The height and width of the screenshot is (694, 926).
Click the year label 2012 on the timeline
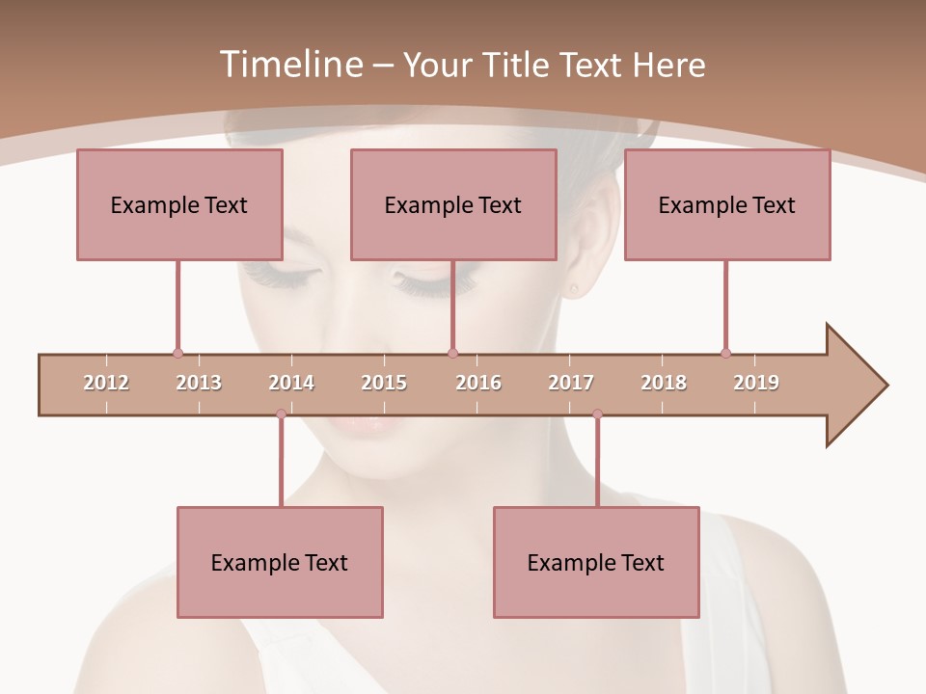106,383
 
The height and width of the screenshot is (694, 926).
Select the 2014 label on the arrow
291,383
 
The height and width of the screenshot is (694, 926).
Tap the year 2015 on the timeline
384,383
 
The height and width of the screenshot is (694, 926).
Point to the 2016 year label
478,383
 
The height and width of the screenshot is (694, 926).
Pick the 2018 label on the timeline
664,383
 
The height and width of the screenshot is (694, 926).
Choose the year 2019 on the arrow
756,383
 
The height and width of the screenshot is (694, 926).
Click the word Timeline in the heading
288,65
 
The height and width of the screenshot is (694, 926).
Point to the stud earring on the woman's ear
575,287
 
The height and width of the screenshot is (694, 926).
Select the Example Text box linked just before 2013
179,204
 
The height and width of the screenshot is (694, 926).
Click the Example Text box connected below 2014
280,562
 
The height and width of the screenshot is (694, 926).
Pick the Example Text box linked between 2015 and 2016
453,204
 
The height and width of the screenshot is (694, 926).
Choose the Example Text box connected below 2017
596,562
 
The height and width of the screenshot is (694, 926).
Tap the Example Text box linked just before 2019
727,204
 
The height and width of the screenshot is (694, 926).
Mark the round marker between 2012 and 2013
177,353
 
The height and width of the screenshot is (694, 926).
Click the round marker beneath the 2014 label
281,414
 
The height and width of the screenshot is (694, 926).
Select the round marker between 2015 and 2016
453,353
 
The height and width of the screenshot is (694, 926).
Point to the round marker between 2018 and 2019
725,353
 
